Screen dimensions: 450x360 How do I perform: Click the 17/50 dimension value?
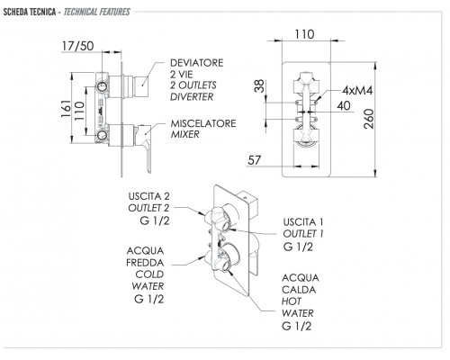point(77,46)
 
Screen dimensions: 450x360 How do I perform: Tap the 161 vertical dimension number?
point(66,108)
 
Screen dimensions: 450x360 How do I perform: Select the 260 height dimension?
point(369,119)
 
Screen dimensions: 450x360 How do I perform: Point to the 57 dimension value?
point(255,160)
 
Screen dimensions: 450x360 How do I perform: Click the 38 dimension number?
point(259,85)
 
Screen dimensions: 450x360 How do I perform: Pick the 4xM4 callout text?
point(357,90)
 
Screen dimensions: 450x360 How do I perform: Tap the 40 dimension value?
point(344,105)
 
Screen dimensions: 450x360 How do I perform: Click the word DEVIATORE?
point(197,63)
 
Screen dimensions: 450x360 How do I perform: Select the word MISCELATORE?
point(203,123)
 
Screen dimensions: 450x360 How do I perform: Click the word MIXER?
point(184,134)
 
